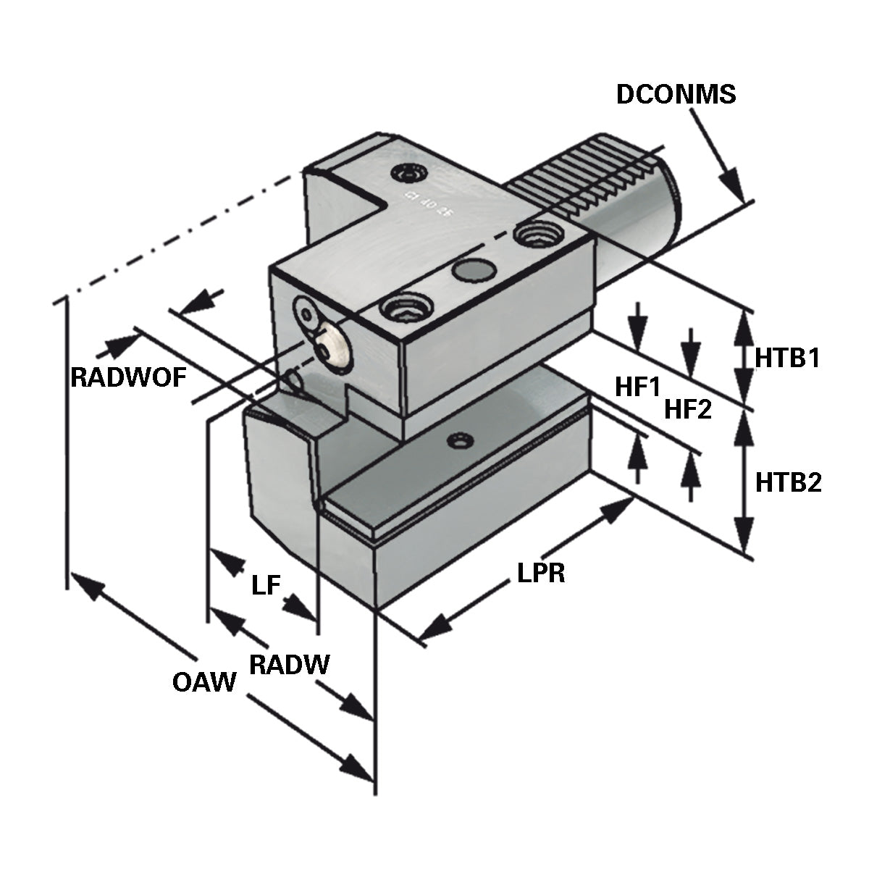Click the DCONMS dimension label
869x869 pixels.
(x=676, y=95)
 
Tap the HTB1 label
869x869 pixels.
(x=787, y=357)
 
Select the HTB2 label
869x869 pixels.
(x=788, y=482)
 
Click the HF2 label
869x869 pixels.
(x=688, y=410)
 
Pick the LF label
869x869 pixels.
(x=266, y=585)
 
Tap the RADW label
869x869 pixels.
(x=289, y=663)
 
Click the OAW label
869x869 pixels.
(x=205, y=681)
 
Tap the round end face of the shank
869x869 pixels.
(x=670, y=196)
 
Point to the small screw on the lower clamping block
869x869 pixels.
(x=458, y=440)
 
